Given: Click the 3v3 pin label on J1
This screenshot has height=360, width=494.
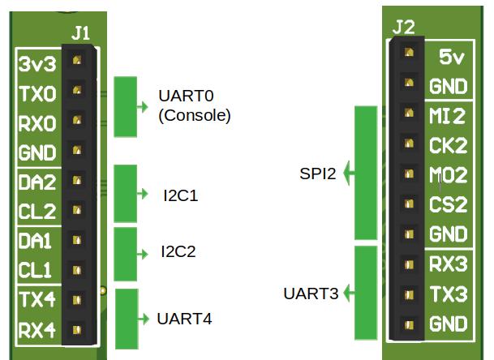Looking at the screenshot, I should point(37,64).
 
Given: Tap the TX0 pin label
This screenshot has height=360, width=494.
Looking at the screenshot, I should point(37,94).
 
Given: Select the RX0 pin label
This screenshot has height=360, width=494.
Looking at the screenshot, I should point(37,123).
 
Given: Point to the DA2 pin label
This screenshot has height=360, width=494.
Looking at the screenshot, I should point(37,182).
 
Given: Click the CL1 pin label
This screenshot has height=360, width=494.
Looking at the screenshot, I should point(37,270).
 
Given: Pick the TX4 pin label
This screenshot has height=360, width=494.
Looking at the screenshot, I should point(37,300).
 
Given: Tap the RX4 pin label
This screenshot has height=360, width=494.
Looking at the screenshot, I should point(37,330).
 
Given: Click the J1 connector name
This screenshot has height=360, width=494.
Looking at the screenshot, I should point(81,34).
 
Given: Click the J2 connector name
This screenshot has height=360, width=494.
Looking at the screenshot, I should point(403,28).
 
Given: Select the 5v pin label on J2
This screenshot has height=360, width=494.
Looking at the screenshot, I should point(450,57).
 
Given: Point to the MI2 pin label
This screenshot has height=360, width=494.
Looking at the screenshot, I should point(447,117).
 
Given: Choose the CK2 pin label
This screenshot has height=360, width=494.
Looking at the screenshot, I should point(447,146).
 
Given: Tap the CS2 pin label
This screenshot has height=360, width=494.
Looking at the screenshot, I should point(447,204).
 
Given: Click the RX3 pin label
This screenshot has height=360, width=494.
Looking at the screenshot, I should point(447,264).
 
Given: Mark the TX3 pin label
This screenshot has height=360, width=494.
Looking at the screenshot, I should point(447,294).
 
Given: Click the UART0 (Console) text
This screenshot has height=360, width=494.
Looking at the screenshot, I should point(195,106).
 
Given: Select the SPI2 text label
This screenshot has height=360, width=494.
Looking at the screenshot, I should point(317,174).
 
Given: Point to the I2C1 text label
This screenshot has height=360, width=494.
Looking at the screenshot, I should point(180,195).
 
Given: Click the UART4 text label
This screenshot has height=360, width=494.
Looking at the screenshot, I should point(184,319).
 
